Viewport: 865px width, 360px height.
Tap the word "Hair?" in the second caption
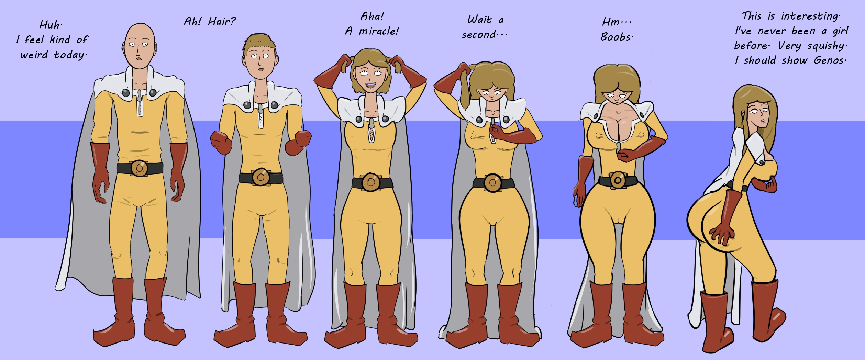click(222, 22)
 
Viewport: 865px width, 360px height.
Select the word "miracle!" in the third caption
click(378, 31)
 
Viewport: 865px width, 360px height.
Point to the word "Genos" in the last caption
click(828, 60)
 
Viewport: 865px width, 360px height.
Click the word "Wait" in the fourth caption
click(479, 20)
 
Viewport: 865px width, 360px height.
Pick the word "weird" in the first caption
click(34, 55)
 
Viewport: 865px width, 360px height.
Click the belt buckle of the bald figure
click(140, 168)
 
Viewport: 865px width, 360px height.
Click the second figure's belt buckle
click(260, 177)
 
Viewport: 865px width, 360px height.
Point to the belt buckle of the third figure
click(370, 182)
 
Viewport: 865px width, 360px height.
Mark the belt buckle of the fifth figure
click(617, 180)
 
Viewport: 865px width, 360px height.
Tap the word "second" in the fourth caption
click(478, 35)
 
